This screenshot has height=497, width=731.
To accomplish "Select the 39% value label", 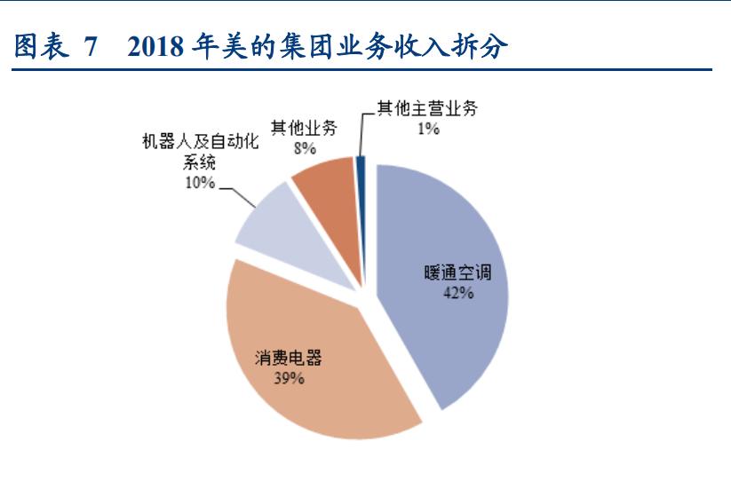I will click(290, 379).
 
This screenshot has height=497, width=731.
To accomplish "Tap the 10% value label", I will click(200, 183).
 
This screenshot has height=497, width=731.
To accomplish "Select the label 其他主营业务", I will click(428, 110).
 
